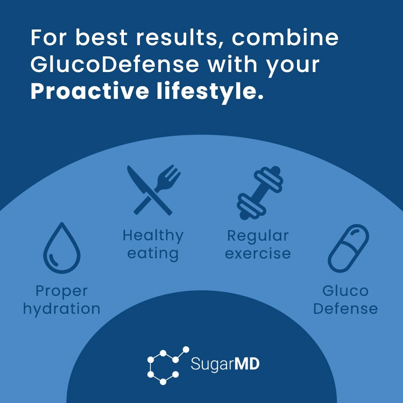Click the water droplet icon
[x=62, y=248]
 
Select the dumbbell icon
[x=260, y=193]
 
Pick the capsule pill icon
[x=348, y=248]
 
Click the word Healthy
[x=153, y=236]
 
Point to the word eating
[x=153, y=254]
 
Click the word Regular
[x=258, y=236]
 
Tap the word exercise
[x=258, y=254]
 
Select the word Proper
[x=62, y=291]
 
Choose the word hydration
[x=62, y=309]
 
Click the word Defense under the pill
[x=345, y=309]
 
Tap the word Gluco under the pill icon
[x=345, y=291]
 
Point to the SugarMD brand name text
[x=225, y=364]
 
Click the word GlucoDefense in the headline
[x=115, y=64]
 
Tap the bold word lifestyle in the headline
[x=207, y=91]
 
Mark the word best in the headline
[x=102, y=37]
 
